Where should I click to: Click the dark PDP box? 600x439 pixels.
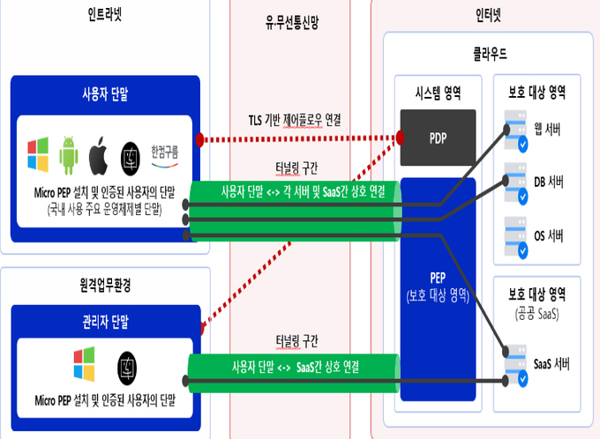click(439, 138)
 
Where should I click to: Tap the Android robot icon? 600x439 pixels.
click(69, 155)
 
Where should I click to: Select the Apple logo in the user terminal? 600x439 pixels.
click(98, 155)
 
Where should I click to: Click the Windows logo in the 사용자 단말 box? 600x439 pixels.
click(38, 154)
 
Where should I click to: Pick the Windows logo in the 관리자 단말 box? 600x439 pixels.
click(84, 364)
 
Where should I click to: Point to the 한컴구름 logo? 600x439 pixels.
click(164, 156)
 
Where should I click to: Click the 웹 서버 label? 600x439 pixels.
click(547, 130)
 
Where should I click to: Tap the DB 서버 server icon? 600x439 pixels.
click(516, 183)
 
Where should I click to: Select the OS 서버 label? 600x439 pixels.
click(549, 235)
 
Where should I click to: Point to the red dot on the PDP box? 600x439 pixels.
click(400, 138)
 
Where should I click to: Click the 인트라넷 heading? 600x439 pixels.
click(104, 14)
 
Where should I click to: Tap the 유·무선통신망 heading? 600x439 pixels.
click(292, 22)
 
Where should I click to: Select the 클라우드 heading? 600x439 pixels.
click(491, 54)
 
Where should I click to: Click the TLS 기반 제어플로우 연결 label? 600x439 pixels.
click(295, 121)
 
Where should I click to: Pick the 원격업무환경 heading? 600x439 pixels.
click(106, 285)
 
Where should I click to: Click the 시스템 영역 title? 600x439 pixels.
click(439, 93)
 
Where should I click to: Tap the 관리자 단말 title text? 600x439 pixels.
click(106, 322)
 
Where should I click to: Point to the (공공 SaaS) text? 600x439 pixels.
click(536, 315)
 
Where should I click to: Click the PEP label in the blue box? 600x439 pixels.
click(438, 278)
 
